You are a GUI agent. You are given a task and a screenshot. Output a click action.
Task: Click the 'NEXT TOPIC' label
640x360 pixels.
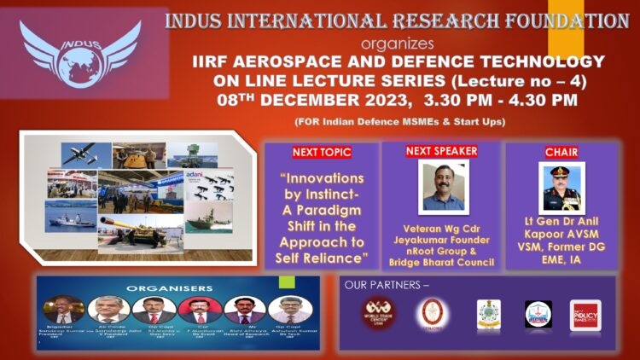[x=321, y=153]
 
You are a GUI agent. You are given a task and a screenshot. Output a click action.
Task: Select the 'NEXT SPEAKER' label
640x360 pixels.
[x=441, y=151]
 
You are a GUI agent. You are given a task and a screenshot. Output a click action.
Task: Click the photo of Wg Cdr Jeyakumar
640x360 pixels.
[x=444, y=186]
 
